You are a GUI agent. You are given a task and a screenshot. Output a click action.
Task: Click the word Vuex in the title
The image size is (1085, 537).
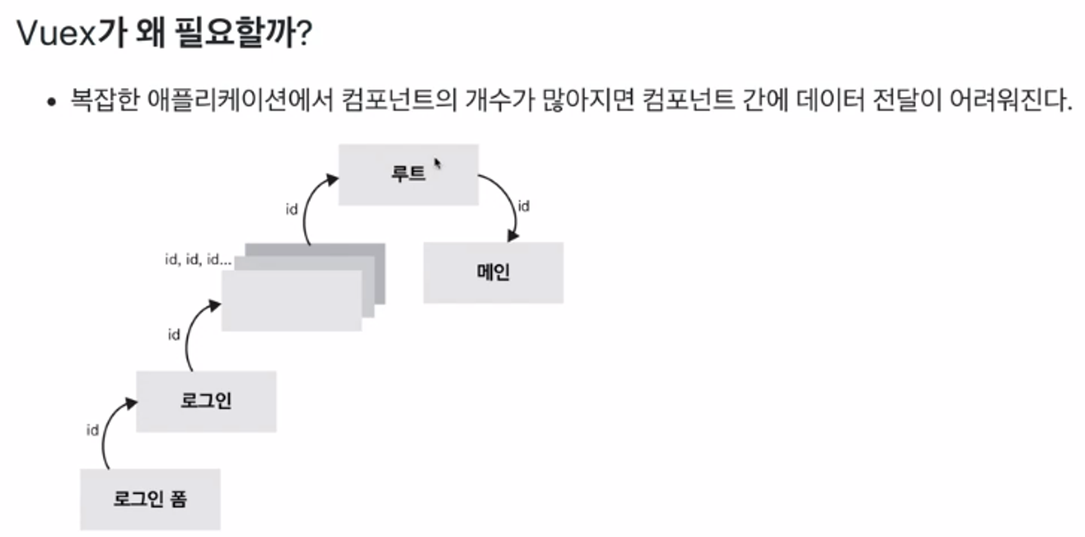56,36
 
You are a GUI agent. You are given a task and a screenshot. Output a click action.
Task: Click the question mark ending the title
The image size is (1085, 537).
303,36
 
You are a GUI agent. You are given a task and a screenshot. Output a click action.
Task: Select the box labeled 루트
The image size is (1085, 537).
408,175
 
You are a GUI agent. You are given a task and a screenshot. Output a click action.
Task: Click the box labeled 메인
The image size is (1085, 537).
493,272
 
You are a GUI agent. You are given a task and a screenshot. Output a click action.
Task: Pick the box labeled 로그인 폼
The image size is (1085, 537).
150,499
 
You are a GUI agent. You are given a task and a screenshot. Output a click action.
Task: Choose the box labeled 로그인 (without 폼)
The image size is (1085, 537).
206,402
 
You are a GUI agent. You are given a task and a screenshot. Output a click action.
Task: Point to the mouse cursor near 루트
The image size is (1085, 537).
438,163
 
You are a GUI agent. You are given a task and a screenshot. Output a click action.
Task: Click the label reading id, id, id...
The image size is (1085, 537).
198,260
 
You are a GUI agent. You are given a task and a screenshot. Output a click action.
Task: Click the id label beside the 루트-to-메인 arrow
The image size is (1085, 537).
523,206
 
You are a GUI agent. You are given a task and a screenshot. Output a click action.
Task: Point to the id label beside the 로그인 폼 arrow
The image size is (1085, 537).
93,430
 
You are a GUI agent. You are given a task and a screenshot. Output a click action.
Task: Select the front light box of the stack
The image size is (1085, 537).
291,301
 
